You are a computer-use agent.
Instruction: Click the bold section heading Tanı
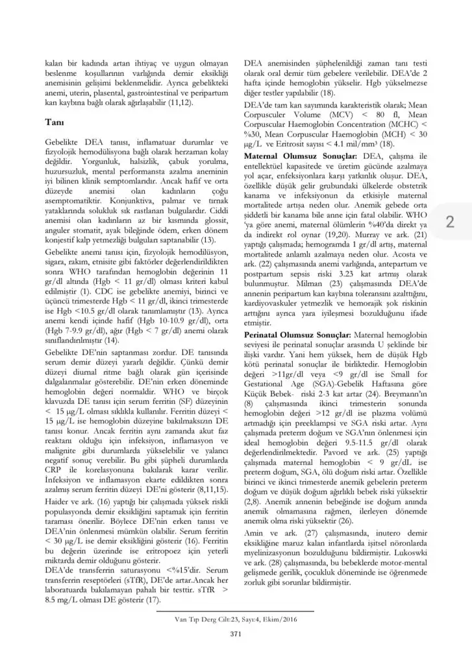point(53,121)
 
